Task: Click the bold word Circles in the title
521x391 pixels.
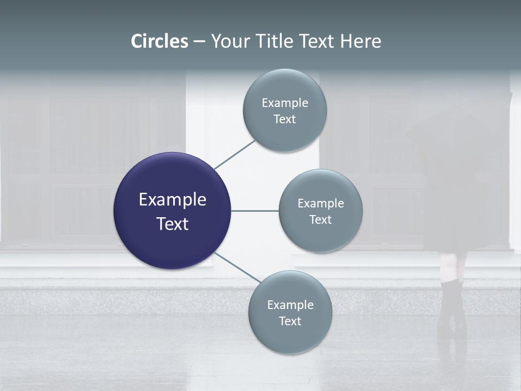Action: (160, 41)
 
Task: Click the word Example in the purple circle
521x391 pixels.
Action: (173, 200)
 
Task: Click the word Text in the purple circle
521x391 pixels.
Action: (173, 224)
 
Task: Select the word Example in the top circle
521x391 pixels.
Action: (285, 103)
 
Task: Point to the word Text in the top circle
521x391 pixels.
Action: (285, 119)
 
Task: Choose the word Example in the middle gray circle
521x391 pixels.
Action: (321, 204)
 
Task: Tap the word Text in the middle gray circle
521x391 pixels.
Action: (321, 220)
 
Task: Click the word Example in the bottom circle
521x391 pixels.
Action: (290, 305)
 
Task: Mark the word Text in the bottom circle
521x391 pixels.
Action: (290, 321)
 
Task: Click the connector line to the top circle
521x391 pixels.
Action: (234, 154)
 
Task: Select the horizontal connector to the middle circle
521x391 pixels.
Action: (255, 211)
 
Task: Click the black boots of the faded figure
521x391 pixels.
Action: (452, 310)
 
